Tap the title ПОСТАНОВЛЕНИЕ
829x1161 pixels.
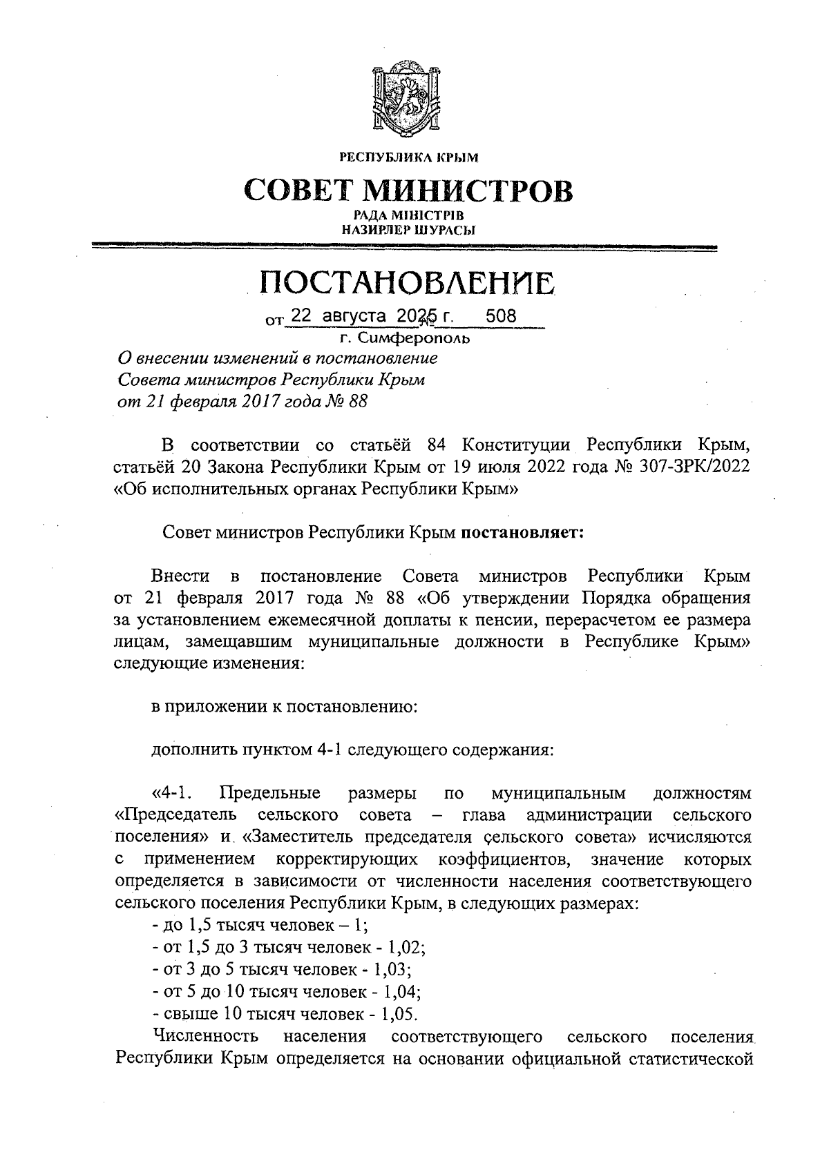(408, 283)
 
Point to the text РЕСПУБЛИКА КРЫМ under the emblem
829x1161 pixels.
(408, 158)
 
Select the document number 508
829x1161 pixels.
(501, 317)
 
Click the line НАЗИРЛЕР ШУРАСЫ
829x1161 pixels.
(408, 230)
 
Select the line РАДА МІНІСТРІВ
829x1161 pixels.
(408, 216)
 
